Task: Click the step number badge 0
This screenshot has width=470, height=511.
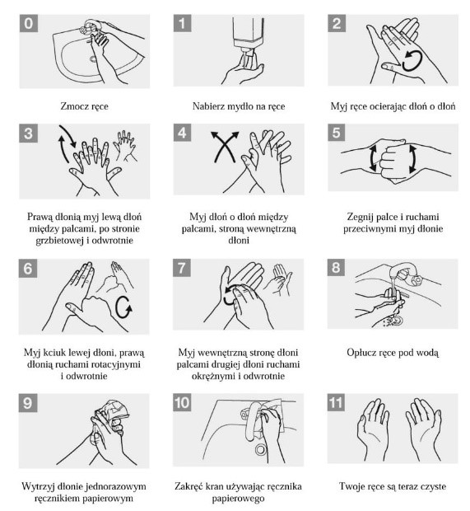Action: pyautogui.click(x=29, y=23)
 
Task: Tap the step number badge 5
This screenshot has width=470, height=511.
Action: pyautogui.click(x=337, y=133)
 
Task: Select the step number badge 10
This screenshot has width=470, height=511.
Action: pyautogui.click(x=182, y=402)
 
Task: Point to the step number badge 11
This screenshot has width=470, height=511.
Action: pyautogui.click(x=336, y=402)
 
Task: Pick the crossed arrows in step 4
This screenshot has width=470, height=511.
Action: pyautogui.click(x=225, y=147)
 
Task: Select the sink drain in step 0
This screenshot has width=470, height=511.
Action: pyautogui.click(x=93, y=59)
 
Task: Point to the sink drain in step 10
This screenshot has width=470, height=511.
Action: pyautogui.click(x=260, y=450)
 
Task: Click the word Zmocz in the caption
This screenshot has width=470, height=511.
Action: pyautogui.click(x=71, y=106)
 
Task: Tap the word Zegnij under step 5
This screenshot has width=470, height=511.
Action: pyautogui.click(x=360, y=217)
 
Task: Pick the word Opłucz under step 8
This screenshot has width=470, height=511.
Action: pyautogui.click(x=360, y=353)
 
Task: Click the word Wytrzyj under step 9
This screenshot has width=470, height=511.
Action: pyautogui.click(x=35, y=487)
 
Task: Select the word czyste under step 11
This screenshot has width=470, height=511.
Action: pyautogui.click(x=433, y=487)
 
